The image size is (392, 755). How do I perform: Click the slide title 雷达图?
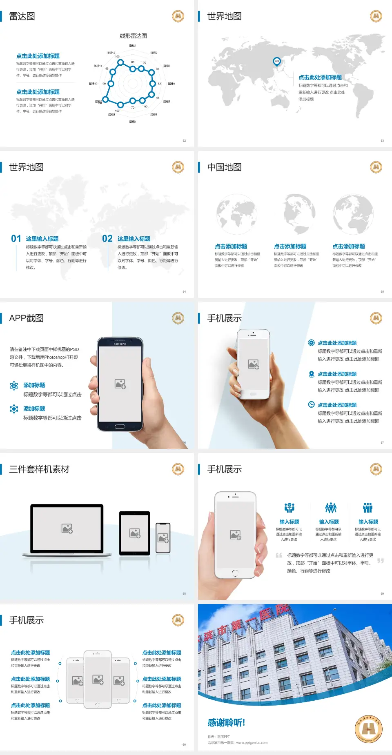(x=22, y=16)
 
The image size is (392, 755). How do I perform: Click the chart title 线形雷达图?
(x=133, y=36)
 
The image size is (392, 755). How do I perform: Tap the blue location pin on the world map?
(x=276, y=61)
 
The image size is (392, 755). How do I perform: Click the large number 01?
(x=16, y=239)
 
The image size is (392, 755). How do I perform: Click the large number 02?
(x=107, y=239)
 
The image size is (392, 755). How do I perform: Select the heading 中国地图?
(x=224, y=167)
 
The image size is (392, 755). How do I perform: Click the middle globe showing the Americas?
(x=299, y=213)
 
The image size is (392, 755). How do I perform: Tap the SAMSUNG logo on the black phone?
(x=120, y=344)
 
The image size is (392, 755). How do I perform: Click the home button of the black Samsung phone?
(x=120, y=426)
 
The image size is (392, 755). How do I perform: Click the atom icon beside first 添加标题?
(x=14, y=386)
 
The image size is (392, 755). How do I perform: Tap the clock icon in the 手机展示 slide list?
(x=311, y=404)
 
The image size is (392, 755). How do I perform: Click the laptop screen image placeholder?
(x=67, y=528)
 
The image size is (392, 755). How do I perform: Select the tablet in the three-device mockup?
(x=135, y=533)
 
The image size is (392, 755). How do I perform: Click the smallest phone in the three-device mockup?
(x=163, y=538)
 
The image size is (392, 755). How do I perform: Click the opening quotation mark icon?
(x=279, y=555)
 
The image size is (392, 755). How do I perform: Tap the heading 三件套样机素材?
(x=39, y=469)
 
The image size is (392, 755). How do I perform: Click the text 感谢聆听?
(x=226, y=723)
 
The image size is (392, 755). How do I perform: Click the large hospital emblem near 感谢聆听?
(x=369, y=729)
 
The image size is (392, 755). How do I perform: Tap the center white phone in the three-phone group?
(x=98, y=679)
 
